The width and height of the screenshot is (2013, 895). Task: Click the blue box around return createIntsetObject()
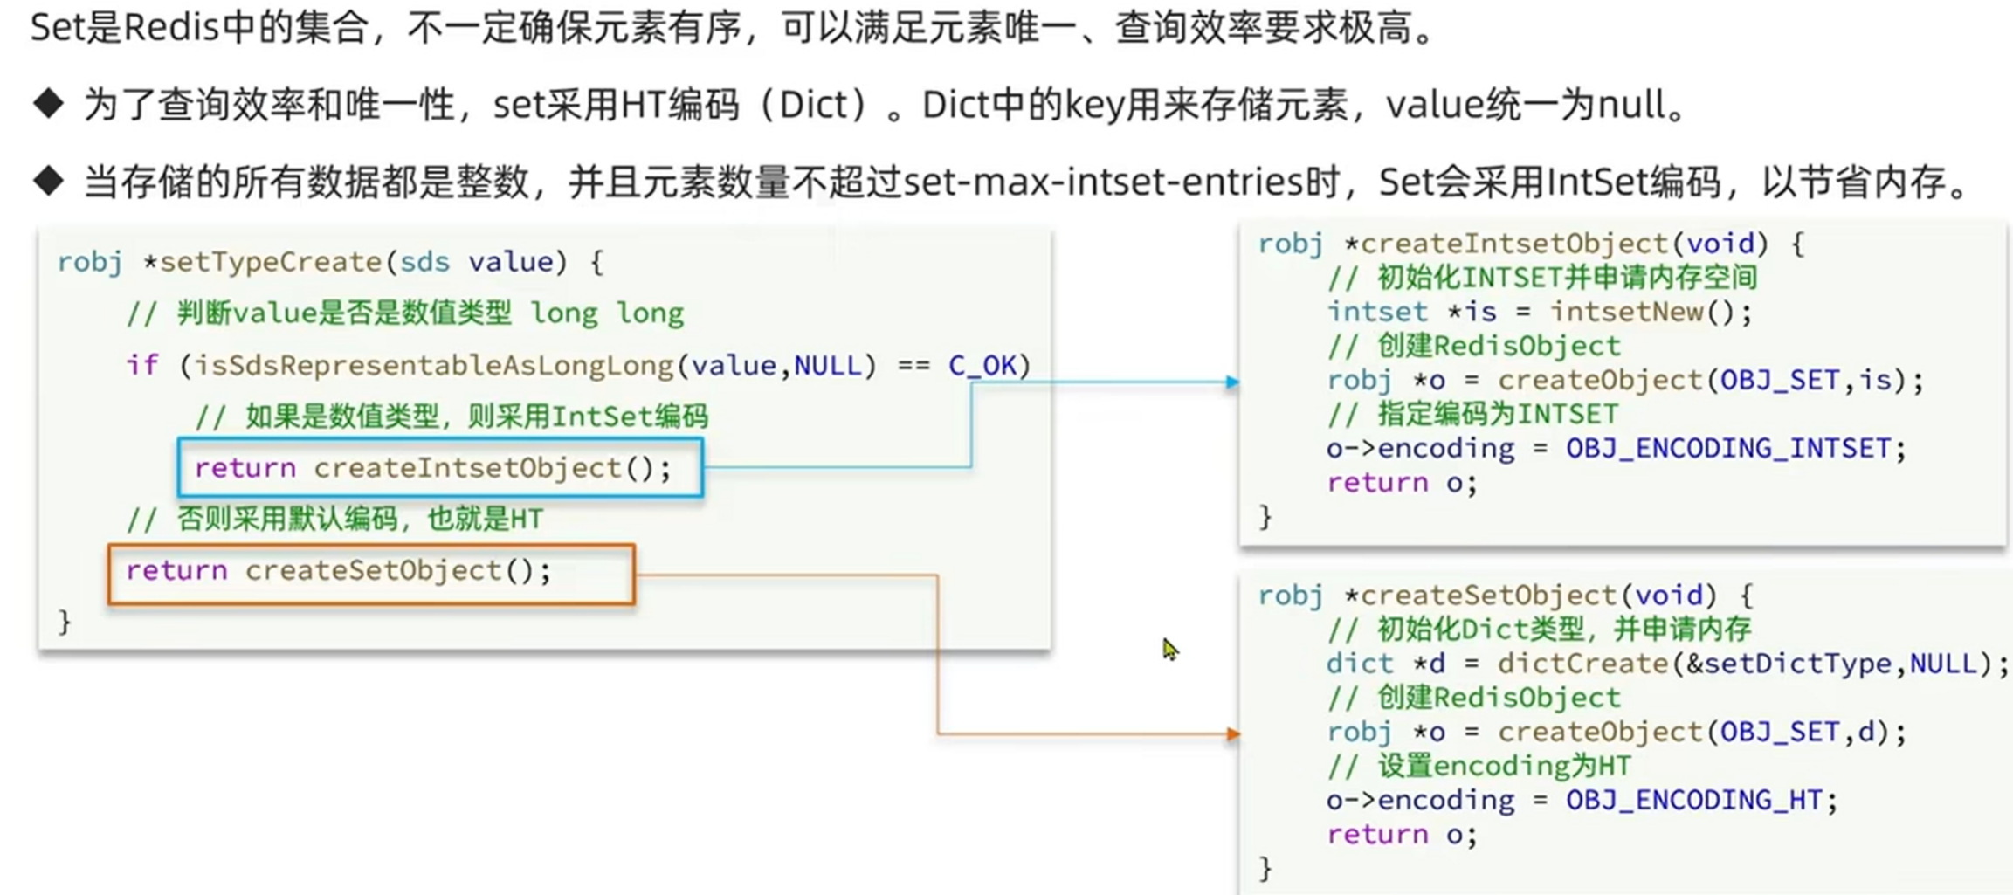pyautogui.click(x=440, y=468)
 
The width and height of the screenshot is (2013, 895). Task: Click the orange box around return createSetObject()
pyautogui.click(x=371, y=574)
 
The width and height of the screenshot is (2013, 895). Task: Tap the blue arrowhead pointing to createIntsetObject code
pyautogui.click(x=1231, y=382)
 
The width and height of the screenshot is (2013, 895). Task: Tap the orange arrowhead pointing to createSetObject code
pyautogui.click(x=1232, y=733)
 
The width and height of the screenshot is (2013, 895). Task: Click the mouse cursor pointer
pyautogui.click(x=1169, y=649)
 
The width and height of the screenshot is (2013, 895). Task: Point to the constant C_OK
pyautogui.click(x=982, y=365)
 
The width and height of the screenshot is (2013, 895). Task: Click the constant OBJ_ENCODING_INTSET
pyautogui.click(x=1727, y=449)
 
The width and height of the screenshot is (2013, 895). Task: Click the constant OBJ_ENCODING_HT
pyautogui.click(x=1693, y=801)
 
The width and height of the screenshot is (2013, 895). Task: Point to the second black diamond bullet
pyautogui.click(x=49, y=182)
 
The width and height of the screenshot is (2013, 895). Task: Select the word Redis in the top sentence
pyautogui.click(x=171, y=28)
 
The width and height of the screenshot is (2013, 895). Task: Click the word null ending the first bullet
pyautogui.click(x=1631, y=106)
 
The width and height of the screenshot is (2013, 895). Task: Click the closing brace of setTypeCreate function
pyautogui.click(x=65, y=622)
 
